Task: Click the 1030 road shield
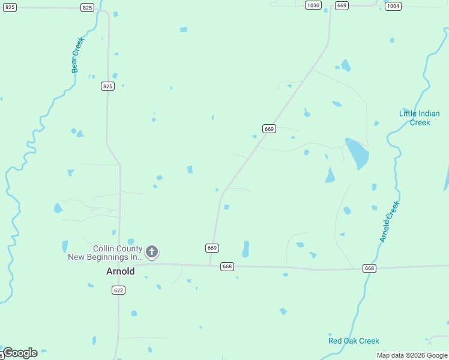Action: (313, 5)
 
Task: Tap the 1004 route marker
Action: (393, 6)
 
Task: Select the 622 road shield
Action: (118, 290)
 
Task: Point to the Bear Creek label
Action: (77, 55)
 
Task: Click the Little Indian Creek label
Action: (420, 118)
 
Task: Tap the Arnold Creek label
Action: (389, 221)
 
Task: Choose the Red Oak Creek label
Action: (354, 341)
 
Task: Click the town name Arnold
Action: (120, 271)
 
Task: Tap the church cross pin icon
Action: (152, 251)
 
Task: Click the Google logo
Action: (20, 353)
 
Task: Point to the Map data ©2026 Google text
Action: (412, 355)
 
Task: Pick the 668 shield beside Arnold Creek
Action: (370, 268)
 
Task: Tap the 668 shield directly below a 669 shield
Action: (226, 266)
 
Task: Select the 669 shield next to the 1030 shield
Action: (342, 5)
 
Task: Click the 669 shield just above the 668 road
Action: (211, 248)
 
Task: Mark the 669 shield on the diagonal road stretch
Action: (268, 129)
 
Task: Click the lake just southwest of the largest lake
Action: (330, 176)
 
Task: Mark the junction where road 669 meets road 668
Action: (209, 265)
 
